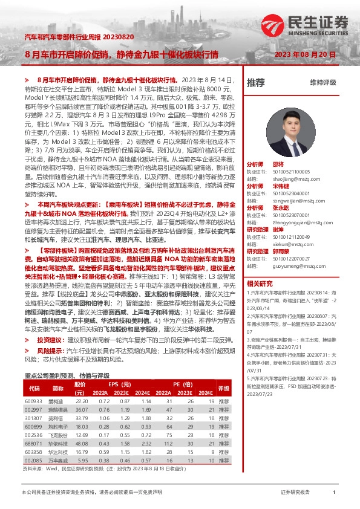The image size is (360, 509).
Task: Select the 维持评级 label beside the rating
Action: tap(322, 82)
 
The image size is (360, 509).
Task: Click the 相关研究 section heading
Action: tap(260, 283)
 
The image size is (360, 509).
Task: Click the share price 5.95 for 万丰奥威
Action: tap(81, 460)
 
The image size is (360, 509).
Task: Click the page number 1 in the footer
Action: tap(334, 493)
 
